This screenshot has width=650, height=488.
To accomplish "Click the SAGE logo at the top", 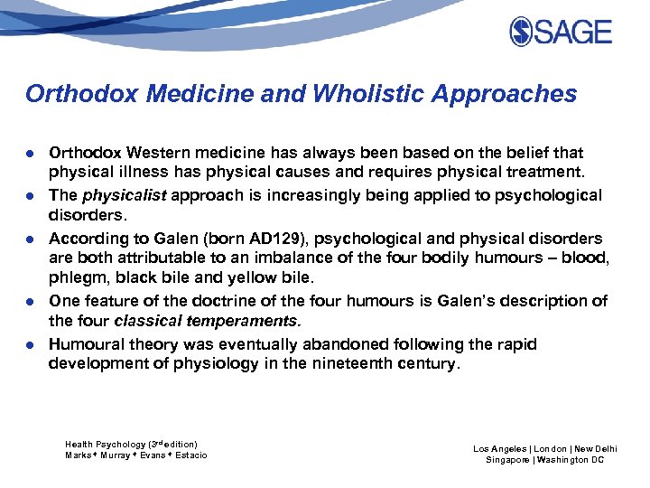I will coord(560,32).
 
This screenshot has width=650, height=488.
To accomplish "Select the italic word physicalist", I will coord(120,195).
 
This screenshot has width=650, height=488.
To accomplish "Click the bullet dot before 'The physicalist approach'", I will coord(31,196).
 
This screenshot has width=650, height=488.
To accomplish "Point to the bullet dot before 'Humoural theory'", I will coord(31,344).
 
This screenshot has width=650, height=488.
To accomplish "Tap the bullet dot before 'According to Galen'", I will coord(31,239).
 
